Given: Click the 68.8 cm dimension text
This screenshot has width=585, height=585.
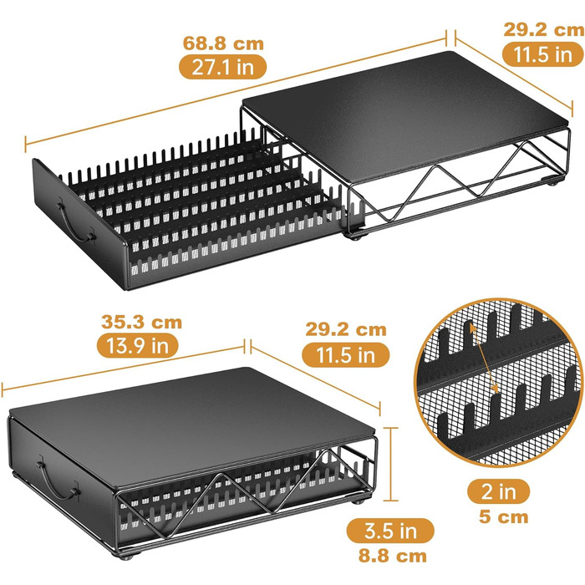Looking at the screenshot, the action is click(x=223, y=43).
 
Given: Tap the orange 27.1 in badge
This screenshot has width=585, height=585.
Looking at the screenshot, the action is click(x=223, y=67).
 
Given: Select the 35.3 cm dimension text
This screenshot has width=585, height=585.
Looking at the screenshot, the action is click(x=141, y=323).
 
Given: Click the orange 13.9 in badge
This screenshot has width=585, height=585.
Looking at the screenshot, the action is click(x=138, y=345).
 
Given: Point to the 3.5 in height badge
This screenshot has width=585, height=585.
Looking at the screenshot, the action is click(x=390, y=531).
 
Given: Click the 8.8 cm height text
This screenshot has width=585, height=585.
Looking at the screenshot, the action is click(x=393, y=556).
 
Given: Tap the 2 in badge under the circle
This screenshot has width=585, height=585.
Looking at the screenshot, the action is click(x=498, y=491).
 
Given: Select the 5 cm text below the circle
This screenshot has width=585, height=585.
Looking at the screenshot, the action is click(x=504, y=517).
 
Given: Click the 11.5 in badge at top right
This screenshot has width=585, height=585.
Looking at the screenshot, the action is click(x=543, y=54).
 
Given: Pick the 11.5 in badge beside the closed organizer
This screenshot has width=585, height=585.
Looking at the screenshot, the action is click(x=345, y=354).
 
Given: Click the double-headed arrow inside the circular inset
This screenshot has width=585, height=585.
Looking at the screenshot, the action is click(x=484, y=359).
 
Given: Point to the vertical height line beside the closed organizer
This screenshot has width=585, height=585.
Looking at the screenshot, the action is click(x=390, y=465).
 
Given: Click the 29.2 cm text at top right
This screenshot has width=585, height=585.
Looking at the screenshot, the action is click(x=544, y=30).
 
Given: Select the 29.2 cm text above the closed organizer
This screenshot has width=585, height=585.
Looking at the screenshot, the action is click(x=346, y=330).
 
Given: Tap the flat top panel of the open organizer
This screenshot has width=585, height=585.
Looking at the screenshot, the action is click(x=404, y=115).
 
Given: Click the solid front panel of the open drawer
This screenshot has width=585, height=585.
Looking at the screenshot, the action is click(x=80, y=225).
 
